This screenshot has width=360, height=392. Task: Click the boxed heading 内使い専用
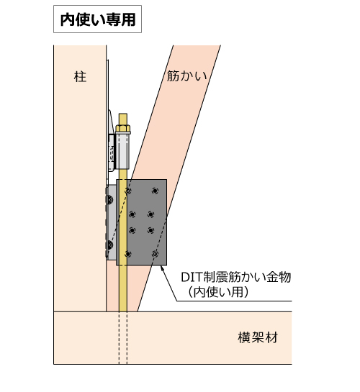(x=98, y=19)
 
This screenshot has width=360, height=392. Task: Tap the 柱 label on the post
(x=80, y=76)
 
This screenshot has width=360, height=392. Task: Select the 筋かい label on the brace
(x=187, y=76)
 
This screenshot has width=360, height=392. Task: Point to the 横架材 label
(x=258, y=337)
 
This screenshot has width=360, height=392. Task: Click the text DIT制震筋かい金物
(x=236, y=277)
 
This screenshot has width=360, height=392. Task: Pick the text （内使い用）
(x=218, y=292)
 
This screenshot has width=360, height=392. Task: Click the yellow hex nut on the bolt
(x=123, y=129)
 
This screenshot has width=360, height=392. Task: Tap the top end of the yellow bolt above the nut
(x=123, y=114)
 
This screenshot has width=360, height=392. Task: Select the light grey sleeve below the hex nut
(x=122, y=151)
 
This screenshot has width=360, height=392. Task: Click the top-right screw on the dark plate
(x=155, y=191)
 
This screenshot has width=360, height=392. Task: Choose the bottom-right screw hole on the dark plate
(x=155, y=254)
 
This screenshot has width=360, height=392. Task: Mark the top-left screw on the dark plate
(x=128, y=191)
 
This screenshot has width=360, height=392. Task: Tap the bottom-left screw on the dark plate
(x=128, y=254)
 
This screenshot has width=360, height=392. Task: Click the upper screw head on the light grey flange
(x=109, y=199)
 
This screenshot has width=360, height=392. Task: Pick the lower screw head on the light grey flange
(x=109, y=245)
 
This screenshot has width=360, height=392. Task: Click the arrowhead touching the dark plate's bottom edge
(x=162, y=268)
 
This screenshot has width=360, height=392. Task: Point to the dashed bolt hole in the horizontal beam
(x=123, y=338)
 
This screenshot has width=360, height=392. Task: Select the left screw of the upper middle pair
(x=132, y=214)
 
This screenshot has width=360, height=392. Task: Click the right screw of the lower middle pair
(x=150, y=230)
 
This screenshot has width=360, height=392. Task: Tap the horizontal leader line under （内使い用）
(x=235, y=301)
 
